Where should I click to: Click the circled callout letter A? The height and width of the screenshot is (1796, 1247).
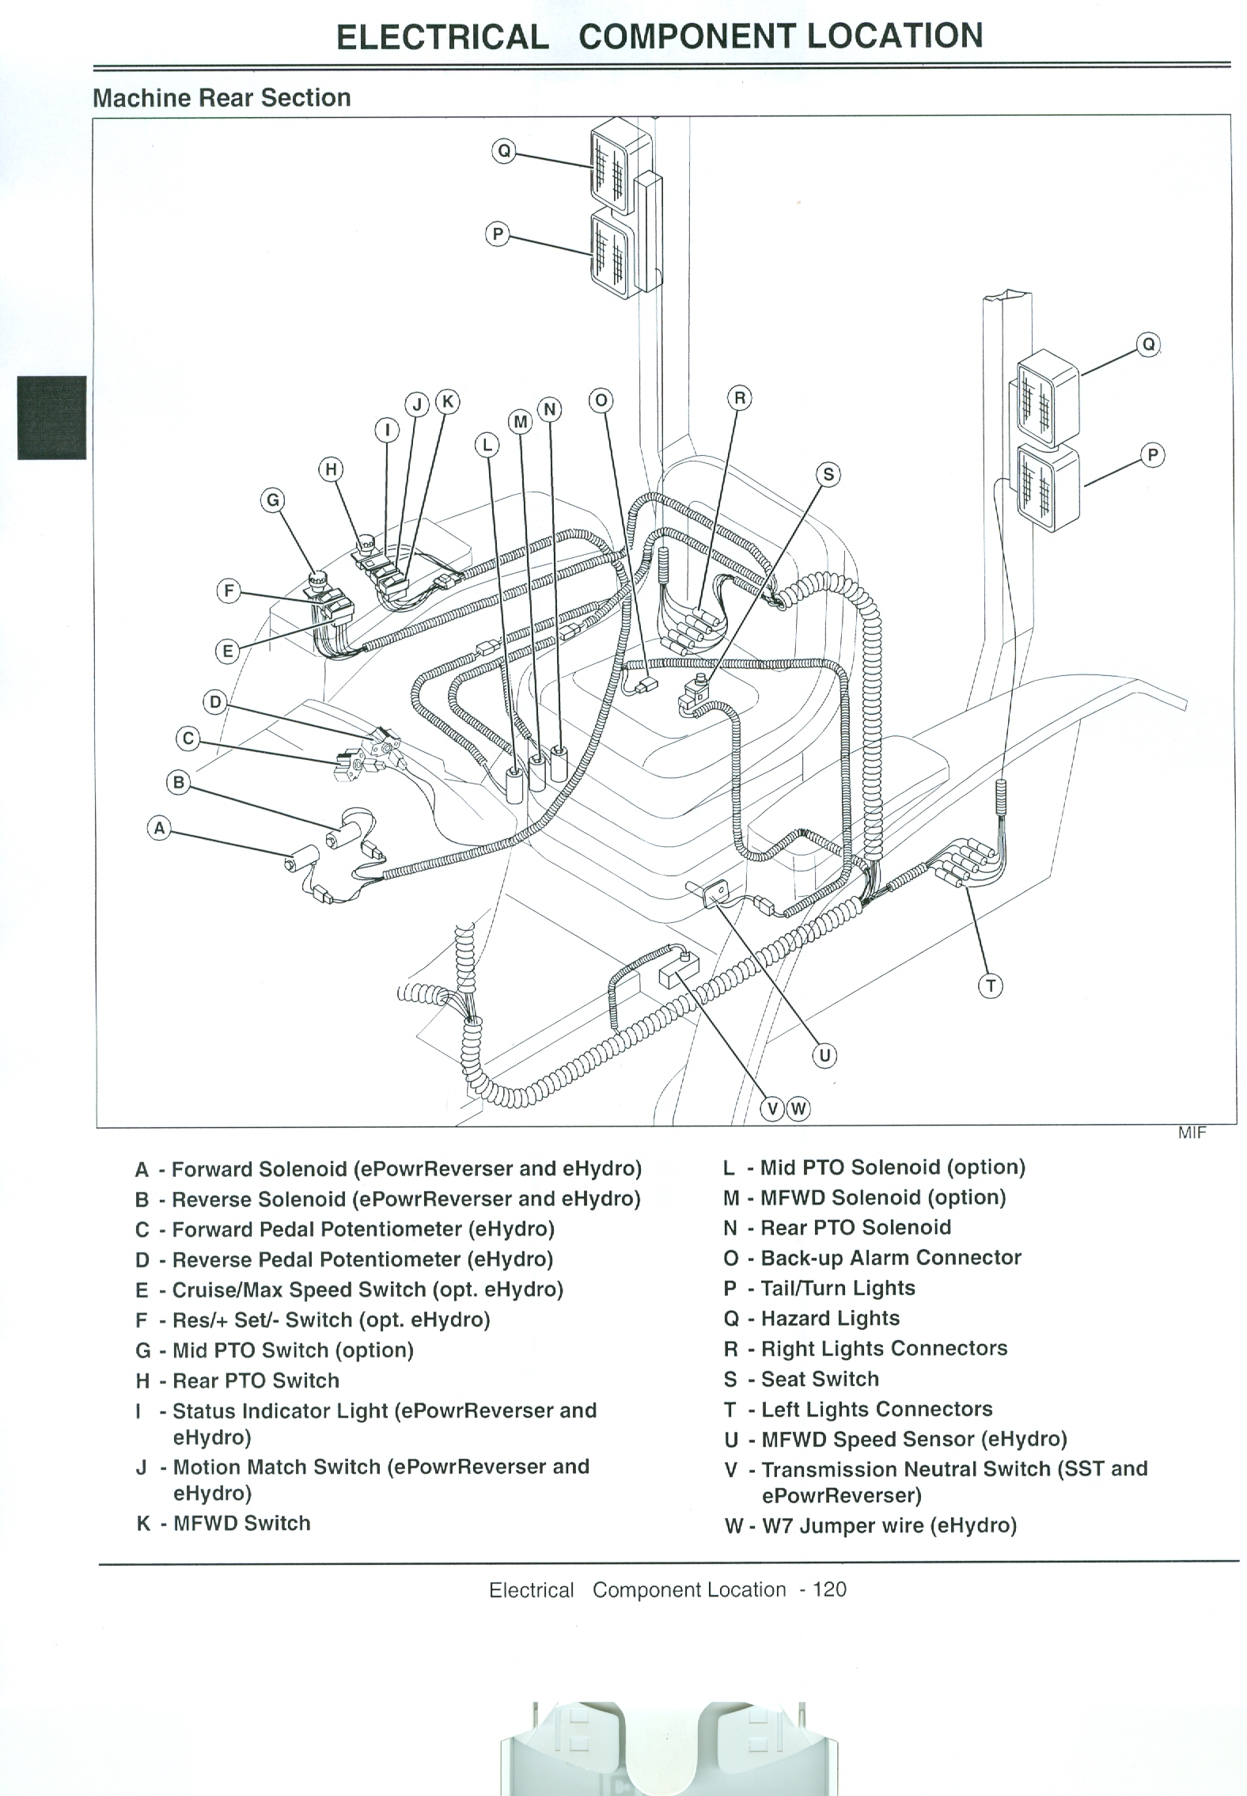[160, 829]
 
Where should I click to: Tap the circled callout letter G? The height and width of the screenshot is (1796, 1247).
[273, 499]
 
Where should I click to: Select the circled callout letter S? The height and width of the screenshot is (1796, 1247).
[828, 474]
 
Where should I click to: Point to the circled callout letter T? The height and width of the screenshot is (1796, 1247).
[991, 986]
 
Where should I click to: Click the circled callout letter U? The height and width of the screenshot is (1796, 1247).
[824, 1055]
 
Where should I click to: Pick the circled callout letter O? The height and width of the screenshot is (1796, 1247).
[601, 401]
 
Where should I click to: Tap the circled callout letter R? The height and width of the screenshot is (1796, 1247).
[739, 397]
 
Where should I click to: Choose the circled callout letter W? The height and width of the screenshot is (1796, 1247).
[798, 1108]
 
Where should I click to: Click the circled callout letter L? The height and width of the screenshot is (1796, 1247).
[487, 446]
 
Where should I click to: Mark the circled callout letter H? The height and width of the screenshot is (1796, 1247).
[331, 469]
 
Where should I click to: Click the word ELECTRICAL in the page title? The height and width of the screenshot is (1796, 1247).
[442, 37]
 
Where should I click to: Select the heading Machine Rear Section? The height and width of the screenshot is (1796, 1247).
[222, 97]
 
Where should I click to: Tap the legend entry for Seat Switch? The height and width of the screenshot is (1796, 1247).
[819, 1379]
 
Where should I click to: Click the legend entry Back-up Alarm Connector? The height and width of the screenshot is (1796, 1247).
[890, 1258]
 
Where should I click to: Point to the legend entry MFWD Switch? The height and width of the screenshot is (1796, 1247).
[241, 1523]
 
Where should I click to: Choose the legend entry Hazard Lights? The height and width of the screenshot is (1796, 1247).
[829, 1318]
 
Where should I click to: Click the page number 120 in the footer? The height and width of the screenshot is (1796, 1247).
[828, 1589]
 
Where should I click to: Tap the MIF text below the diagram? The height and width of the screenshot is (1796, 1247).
[1192, 1133]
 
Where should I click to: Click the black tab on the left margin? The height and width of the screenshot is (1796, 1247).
[52, 417]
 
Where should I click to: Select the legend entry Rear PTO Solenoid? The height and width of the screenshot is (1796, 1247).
[855, 1228]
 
